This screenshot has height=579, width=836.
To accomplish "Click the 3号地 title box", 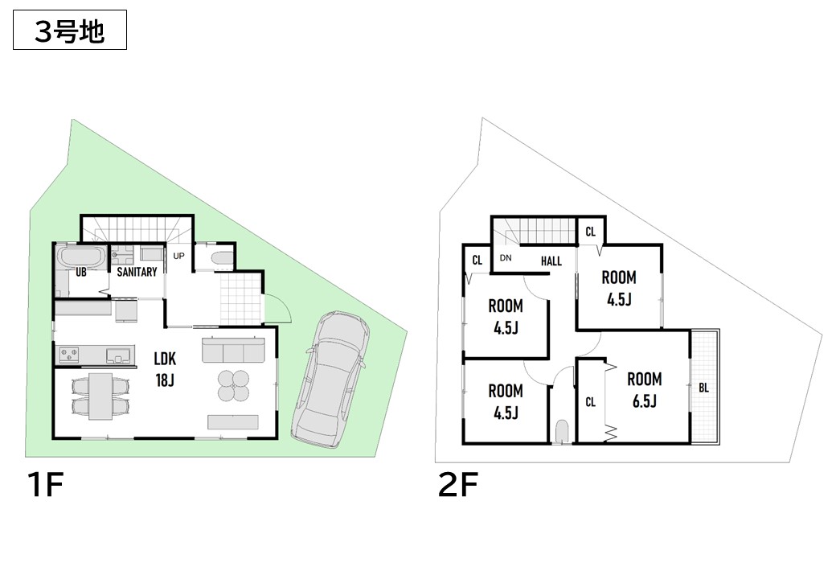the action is pos(70,30).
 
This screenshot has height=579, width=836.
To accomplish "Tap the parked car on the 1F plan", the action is pos(331,380).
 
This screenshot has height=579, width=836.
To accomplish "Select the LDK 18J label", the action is pos(165,368).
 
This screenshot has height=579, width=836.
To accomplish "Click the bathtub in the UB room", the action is pos(81,257).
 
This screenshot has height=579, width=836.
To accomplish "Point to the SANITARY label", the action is pos(137,272).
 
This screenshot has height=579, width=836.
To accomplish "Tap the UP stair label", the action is pos(178,256).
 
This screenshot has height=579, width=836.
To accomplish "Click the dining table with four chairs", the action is pos(100,396).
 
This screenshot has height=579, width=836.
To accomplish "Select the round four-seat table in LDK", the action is pos(234,385).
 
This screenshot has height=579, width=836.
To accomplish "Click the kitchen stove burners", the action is pos(69,355).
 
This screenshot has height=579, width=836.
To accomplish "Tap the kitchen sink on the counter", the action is pos(117,355).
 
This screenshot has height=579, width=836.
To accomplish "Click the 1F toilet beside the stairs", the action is pos(221,259).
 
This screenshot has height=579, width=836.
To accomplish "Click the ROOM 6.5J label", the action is pos(645,390).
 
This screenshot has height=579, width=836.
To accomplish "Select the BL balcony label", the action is pos(704,388).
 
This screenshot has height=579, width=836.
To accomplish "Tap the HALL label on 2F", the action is pos(551,261).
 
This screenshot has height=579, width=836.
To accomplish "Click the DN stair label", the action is pos(506,258).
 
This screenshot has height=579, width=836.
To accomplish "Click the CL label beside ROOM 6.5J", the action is pos(590,402).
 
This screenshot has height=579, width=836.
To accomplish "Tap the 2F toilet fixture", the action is pos(562,431).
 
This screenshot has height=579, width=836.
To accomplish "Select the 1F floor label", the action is pos(45,484).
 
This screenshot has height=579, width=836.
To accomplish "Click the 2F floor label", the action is pos(457,484).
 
